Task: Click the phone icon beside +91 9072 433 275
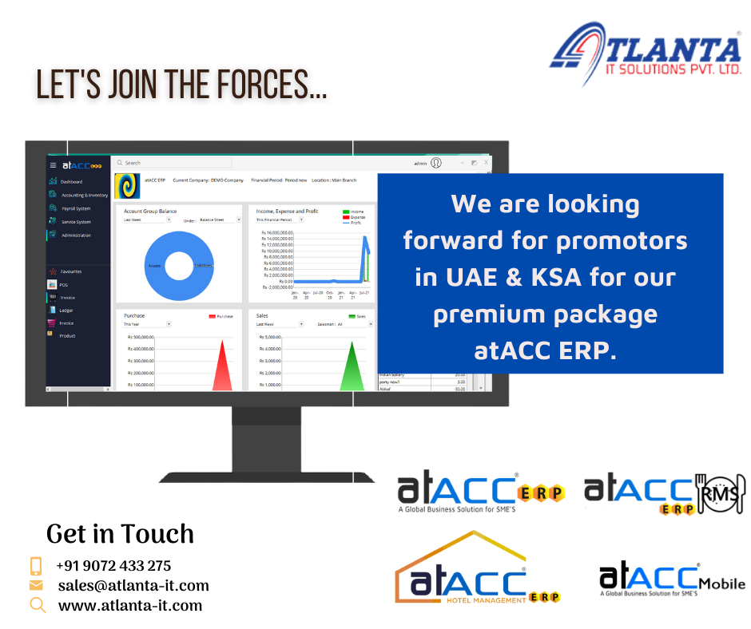36,566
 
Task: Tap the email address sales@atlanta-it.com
133,585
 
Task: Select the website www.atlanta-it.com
129,605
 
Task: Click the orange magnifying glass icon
37,604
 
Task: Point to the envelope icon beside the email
36,585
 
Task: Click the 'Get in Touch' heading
120,533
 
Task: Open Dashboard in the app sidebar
71,181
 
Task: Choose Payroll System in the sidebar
76,208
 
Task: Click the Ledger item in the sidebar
66,310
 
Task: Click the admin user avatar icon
436,163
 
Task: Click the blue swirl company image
128,185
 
